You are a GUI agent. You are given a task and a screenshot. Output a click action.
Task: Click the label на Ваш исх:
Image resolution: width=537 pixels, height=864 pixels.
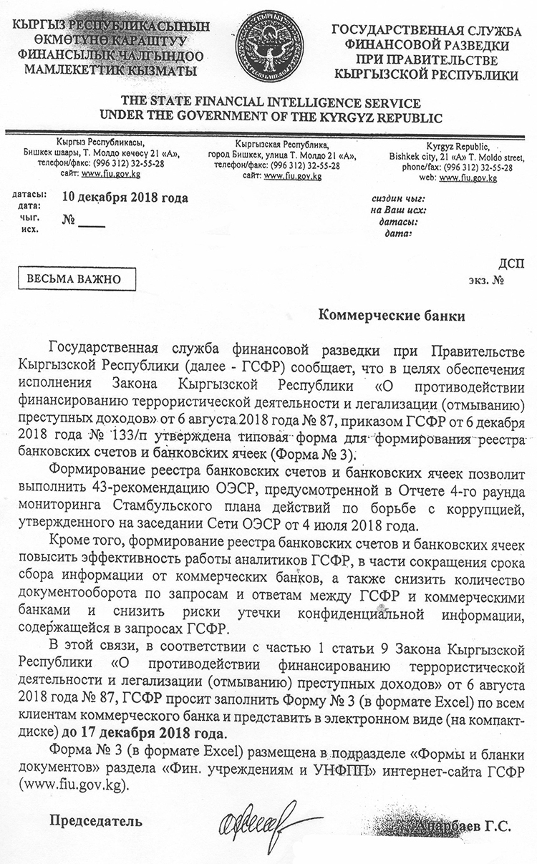pos(398,210)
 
